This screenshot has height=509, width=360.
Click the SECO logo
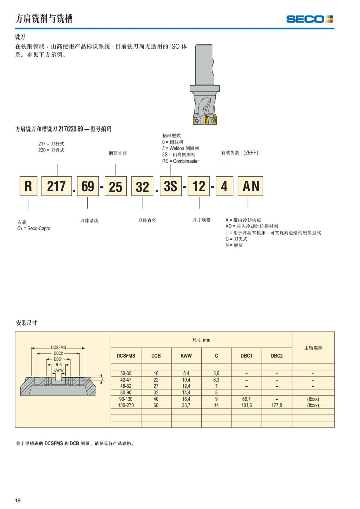(309, 19)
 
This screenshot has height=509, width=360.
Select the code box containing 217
(56, 186)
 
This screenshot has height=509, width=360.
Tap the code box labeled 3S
(171, 186)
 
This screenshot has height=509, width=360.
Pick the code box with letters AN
(250, 186)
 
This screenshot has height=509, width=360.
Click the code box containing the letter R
(28, 186)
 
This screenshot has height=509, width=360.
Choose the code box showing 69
(88, 186)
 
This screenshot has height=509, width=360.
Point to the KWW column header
(186, 356)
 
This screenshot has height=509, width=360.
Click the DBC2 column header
(277, 356)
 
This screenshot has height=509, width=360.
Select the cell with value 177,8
(277, 405)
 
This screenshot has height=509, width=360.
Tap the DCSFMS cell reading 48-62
(126, 386)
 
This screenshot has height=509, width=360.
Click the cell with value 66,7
(246, 399)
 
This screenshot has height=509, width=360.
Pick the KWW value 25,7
(186, 405)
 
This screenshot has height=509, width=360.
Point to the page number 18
(18, 500)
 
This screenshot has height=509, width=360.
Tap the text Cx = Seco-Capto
(34, 229)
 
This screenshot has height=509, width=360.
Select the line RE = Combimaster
(181, 161)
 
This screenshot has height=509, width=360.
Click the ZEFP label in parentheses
(251, 153)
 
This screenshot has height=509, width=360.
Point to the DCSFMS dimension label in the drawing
(58, 348)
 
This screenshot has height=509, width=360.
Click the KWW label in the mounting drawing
(58, 370)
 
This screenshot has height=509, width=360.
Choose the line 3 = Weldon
(181, 148)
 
